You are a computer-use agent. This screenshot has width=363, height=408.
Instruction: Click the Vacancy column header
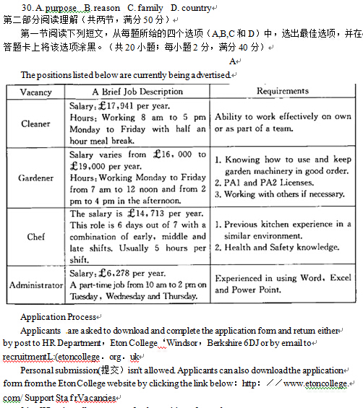point(35,92)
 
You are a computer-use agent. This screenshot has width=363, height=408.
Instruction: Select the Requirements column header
point(282,91)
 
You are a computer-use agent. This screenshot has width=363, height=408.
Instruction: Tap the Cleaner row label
point(35,123)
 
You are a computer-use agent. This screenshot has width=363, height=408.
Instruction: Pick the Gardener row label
point(35,178)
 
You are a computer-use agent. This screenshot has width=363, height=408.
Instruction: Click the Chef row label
point(35,236)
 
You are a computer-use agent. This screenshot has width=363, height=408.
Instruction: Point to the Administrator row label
point(35,285)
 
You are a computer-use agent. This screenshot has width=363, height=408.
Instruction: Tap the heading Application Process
point(58,317)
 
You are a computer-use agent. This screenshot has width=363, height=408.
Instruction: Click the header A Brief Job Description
point(137,92)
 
